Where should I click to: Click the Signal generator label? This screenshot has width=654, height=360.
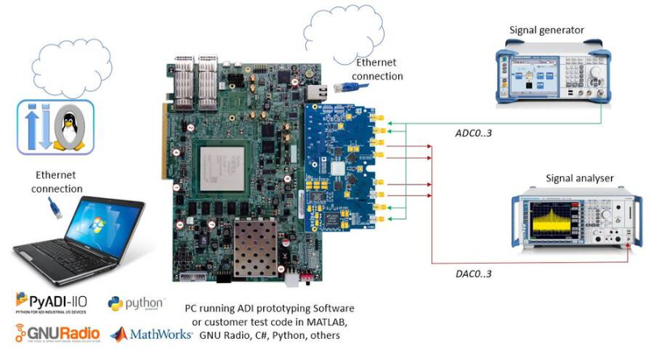[x=546, y=31]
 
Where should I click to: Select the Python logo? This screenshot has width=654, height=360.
[x=135, y=304]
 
